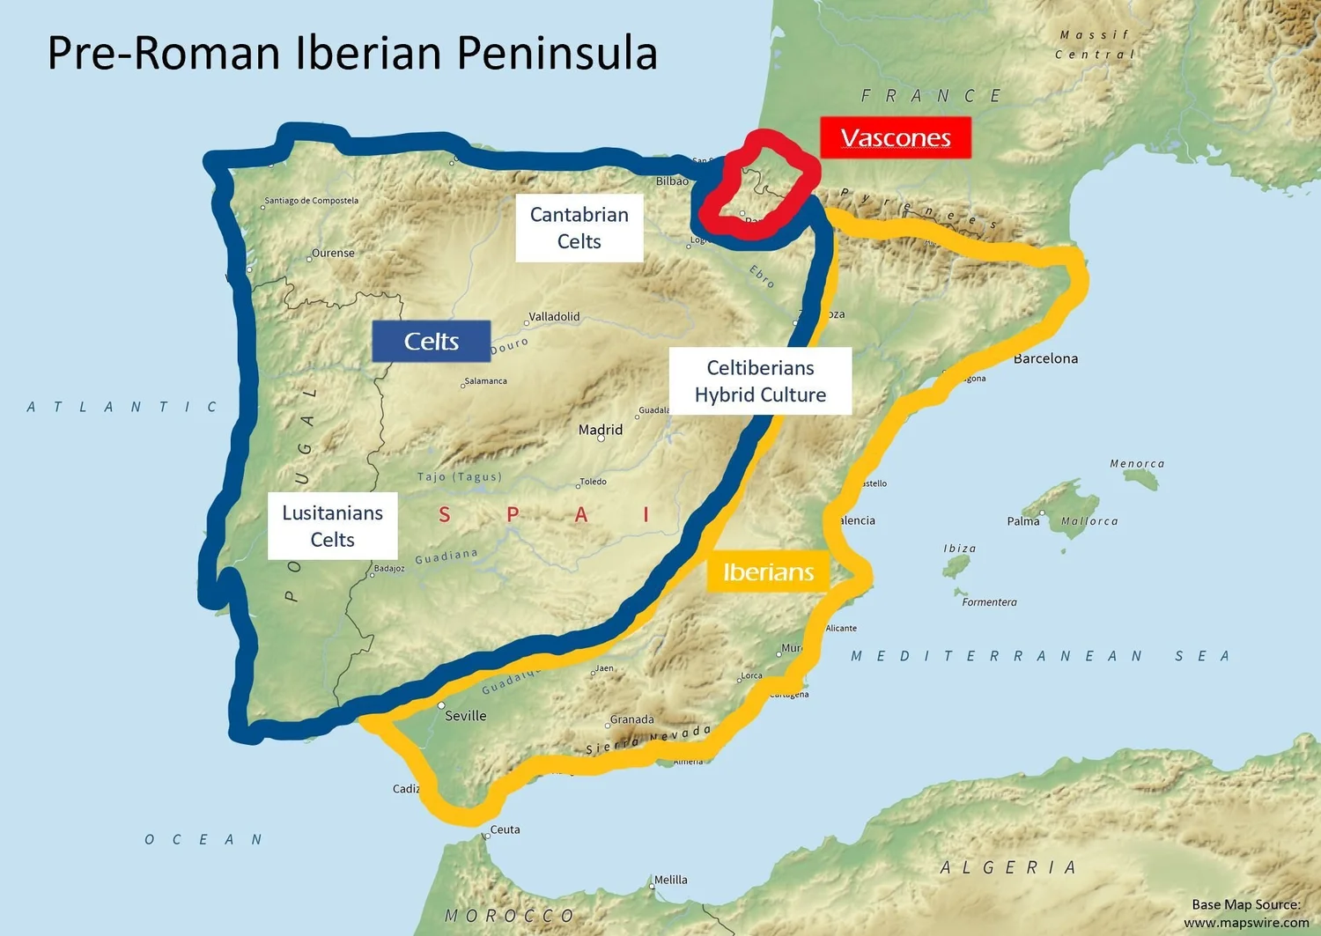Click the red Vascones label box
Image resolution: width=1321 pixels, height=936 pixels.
(x=895, y=138)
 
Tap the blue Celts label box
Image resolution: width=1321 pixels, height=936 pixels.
(x=431, y=342)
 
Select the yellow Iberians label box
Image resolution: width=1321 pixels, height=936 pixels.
(x=768, y=572)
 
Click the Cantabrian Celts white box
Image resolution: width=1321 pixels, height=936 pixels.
(x=579, y=228)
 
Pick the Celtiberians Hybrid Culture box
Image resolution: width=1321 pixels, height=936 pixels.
(x=760, y=381)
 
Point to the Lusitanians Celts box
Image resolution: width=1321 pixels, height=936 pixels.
(x=332, y=526)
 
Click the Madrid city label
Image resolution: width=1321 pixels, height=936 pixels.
(x=601, y=430)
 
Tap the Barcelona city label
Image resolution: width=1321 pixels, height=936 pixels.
(x=1045, y=358)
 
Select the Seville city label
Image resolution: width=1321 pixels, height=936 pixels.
(x=465, y=716)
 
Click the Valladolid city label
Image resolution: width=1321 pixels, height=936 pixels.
(x=554, y=317)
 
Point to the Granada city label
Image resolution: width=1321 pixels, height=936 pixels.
(x=632, y=719)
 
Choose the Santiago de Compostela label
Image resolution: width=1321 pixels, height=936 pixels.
(x=312, y=201)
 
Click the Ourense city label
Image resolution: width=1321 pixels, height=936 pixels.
(x=333, y=254)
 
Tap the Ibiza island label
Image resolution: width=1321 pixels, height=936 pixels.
(x=960, y=549)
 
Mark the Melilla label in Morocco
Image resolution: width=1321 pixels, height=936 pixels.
(x=670, y=880)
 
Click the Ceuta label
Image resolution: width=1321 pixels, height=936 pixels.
(x=505, y=829)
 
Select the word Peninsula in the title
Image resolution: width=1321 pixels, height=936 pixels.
(x=557, y=53)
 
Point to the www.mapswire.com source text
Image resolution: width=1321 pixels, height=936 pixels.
(x=1245, y=922)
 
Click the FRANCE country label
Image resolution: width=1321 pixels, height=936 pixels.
(x=932, y=96)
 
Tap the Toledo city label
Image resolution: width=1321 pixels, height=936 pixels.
(x=593, y=482)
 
